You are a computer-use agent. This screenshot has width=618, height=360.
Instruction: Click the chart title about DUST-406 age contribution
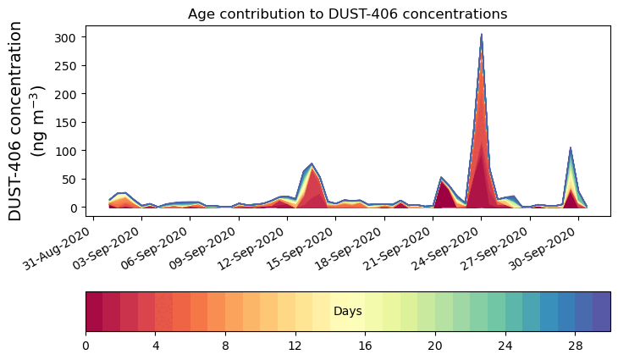tap(347, 14)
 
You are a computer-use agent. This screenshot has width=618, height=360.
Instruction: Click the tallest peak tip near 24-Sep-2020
tap(482, 36)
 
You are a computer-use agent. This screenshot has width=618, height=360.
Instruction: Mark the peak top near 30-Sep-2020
tap(571, 148)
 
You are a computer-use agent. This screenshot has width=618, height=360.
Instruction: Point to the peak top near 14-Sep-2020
tap(312, 163)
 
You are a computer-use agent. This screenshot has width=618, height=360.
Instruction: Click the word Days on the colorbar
tap(348, 312)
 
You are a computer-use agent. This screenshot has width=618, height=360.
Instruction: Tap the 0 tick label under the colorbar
tap(86, 346)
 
